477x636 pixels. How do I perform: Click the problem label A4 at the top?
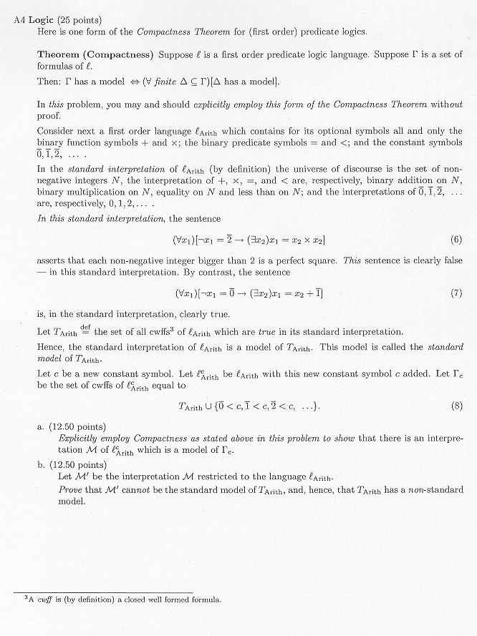click(20, 19)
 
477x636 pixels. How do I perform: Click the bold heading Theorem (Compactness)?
click(95, 55)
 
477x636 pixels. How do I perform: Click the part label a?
click(41, 426)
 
